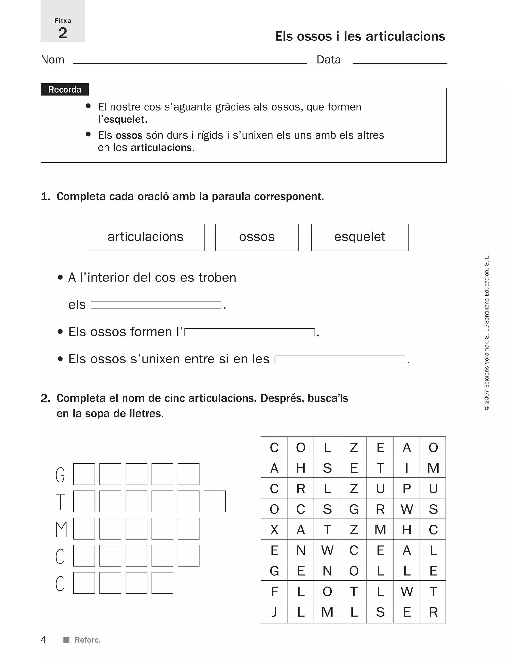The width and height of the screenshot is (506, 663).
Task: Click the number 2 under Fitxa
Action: tap(63, 33)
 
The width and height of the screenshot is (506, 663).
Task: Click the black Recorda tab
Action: tap(64, 90)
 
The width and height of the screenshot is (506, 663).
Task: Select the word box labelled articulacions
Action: tap(146, 237)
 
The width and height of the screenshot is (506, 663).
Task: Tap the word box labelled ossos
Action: tap(257, 237)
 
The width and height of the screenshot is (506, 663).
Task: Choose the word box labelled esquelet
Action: tap(360, 237)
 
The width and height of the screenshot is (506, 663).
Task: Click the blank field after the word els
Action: tap(156, 305)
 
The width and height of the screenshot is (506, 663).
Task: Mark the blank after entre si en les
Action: tap(340, 359)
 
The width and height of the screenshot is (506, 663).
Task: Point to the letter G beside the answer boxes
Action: tap(60, 475)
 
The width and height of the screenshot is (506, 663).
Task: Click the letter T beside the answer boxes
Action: tap(60, 502)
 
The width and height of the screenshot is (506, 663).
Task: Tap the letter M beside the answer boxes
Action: tap(61, 529)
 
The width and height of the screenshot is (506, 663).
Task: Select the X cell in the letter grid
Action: tap(274, 530)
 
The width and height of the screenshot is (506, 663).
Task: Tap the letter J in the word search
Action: tap(274, 612)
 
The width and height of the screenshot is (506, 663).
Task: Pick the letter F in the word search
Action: tap(274, 591)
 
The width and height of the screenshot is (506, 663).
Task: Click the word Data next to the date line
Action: tap(329, 60)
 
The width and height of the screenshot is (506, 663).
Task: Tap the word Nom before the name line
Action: tap(52, 60)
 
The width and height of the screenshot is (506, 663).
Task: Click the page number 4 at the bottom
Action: tap(44, 639)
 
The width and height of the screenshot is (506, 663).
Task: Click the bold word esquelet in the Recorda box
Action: tap(124, 120)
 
